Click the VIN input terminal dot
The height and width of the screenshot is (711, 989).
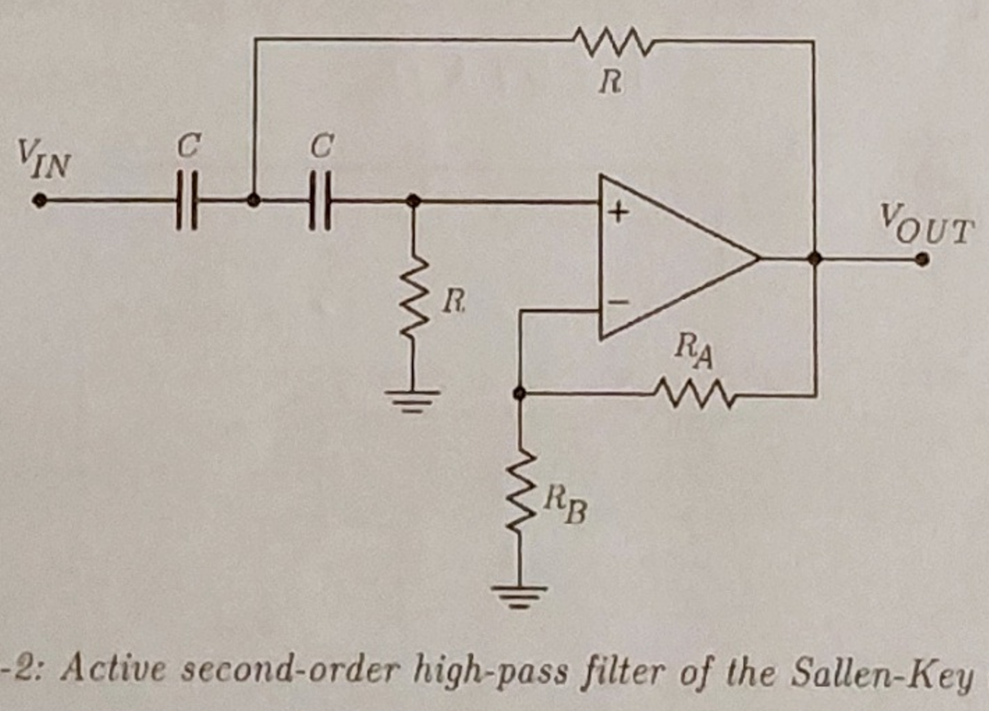point(38,200)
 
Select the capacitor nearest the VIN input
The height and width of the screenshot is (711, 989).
point(187,201)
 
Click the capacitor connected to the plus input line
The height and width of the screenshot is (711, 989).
point(321,201)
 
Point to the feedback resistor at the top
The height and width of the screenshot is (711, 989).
point(612,39)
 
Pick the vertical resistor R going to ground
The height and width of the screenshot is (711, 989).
point(414,302)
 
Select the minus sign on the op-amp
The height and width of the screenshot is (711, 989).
point(619,302)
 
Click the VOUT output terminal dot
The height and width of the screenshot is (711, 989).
point(922,259)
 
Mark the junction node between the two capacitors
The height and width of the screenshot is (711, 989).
point(254,200)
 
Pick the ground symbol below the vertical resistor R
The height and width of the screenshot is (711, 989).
point(414,400)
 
